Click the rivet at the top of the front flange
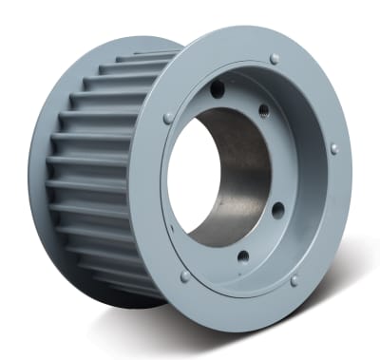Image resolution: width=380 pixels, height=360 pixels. click(275, 59)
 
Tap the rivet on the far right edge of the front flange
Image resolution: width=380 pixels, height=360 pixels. click(333, 149)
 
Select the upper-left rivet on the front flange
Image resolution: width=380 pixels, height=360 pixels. click(168, 118)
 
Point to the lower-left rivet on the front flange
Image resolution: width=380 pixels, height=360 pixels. click(184, 276)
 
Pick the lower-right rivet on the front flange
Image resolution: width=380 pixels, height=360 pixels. click(294, 281)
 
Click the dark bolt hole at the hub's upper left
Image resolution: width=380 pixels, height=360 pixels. click(218, 89)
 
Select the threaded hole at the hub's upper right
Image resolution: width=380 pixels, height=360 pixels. click(263, 111)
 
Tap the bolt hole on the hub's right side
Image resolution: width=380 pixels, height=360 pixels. click(278, 209)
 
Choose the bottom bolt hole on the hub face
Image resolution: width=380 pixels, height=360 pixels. click(243, 256)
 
